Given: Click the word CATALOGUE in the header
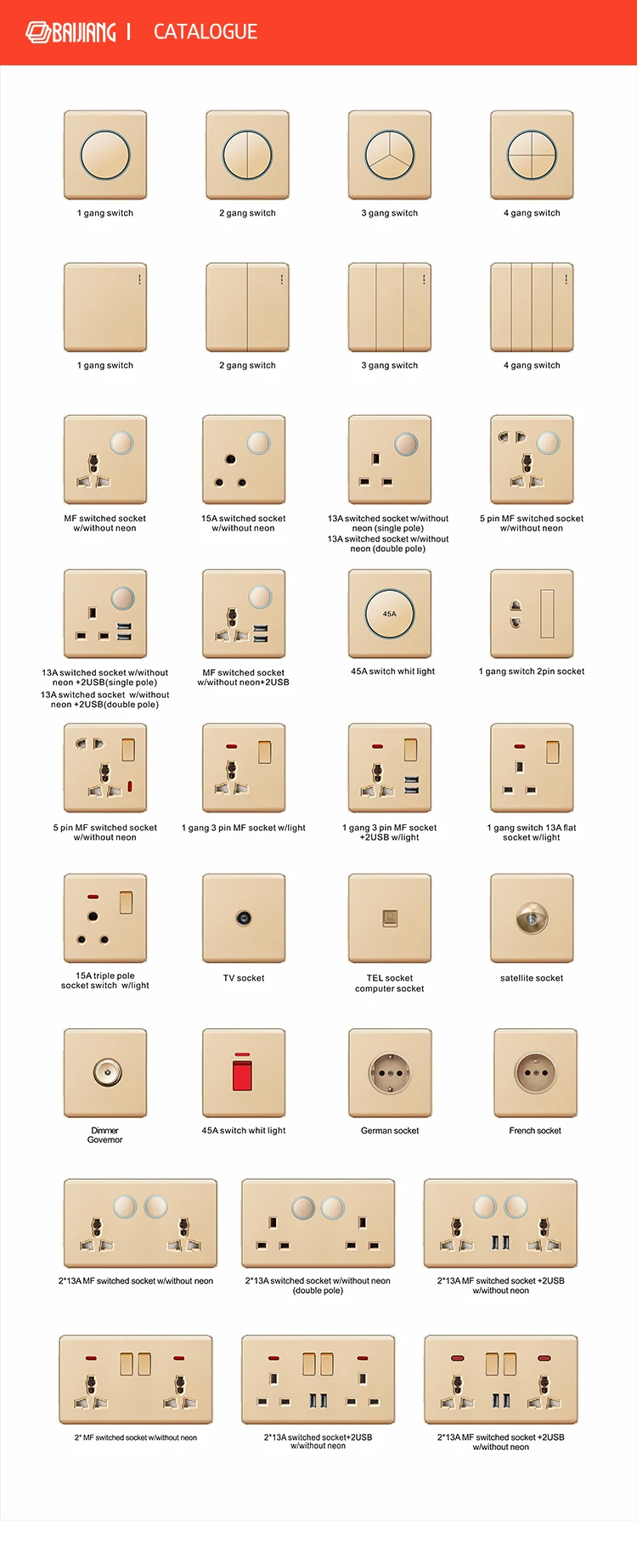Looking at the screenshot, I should tap(205, 32).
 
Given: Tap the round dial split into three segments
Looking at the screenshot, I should tap(390, 155).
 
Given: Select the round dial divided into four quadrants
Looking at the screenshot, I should tap(532, 155).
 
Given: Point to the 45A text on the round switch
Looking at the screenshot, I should tap(389, 614).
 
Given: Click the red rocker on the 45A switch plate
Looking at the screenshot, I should tap(243, 1073).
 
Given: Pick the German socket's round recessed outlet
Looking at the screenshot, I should tap(390, 1072).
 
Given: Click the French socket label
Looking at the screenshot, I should tap(535, 1131).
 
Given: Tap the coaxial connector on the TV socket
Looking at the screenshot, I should tap(244, 918).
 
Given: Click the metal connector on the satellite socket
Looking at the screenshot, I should tap(532, 918).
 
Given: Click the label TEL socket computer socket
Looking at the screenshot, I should tap(390, 983).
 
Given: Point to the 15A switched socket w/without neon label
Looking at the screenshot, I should tap(244, 523).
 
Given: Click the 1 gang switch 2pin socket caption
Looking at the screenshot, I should tap(532, 672).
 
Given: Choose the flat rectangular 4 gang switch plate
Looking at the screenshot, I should tap(532, 307).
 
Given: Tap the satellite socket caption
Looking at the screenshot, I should tap(532, 978).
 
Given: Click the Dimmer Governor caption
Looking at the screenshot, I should tap(105, 1135).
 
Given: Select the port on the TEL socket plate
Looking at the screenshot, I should tap(390, 918).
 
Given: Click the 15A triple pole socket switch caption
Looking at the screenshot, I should tap(105, 981).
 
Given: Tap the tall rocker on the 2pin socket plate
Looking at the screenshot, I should tap(547, 613).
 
